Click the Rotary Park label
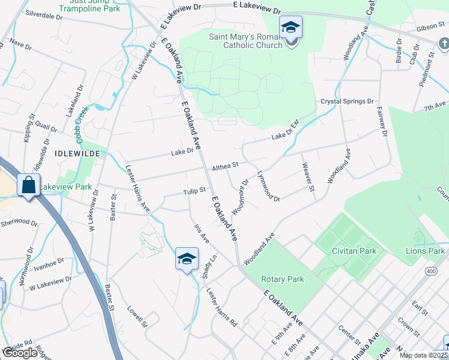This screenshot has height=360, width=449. pyautogui.click(x=283, y=279)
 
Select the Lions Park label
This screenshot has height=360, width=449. pyautogui.click(x=425, y=251)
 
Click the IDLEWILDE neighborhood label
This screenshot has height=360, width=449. pyautogui.click(x=76, y=154)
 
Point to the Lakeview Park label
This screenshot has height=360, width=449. pyautogui.click(x=65, y=187)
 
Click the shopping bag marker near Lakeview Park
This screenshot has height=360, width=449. pyautogui.click(x=28, y=185)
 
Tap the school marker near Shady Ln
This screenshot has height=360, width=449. pyautogui.click(x=187, y=259)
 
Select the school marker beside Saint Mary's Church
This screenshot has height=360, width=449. pyautogui.click(x=291, y=28)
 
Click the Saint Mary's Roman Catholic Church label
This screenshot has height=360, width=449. pyautogui.click(x=245, y=41)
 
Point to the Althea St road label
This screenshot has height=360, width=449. pyautogui.click(x=225, y=164)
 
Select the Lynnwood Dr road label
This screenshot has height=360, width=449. pyautogui.click(x=268, y=186)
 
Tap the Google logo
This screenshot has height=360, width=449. pyautogui.click(x=20, y=353)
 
